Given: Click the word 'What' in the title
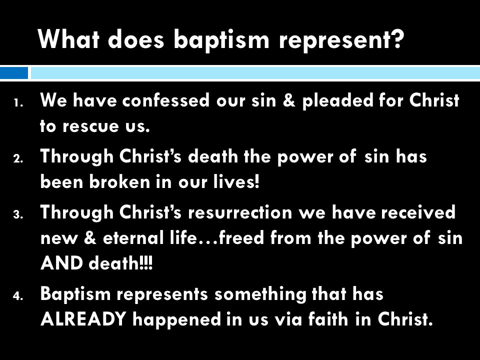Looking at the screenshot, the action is pyautogui.click(x=69, y=38).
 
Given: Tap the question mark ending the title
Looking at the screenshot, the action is pyautogui.click(x=397, y=38).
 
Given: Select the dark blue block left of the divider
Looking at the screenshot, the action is pyautogui.click(x=14, y=73).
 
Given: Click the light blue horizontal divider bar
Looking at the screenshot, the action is pyautogui.click(x=255, y=73).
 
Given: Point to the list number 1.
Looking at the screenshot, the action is pyautogui.click(x=18, y=103).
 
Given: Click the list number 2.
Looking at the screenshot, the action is pyautogui.click(x=18, y=159).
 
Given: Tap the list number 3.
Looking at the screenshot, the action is pyautogui.click(x=18, y=215).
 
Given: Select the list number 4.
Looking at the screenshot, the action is pyautogui.click(x=18, y=296).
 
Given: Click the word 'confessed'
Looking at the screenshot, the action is pyautogui.click(x=166, y=100).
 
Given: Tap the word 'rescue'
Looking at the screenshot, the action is pyautogui.click(x=90, y=126).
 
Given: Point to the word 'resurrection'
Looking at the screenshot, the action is pyautogui.click(x=240, y=212).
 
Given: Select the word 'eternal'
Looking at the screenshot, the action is pyautogui.click(x=133, y=238).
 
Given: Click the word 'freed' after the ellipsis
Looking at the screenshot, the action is pyautogui.click(x=241, y=237).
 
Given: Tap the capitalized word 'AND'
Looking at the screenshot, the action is pyautogui.click(x=61, y=263).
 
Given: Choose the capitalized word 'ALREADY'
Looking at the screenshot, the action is pyautogui.click(x=83, y=319).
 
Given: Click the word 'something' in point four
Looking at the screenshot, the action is pyautogui.click(x=260, y=294).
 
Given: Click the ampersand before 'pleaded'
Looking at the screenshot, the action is pyautogui.click(x=289, y=100).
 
